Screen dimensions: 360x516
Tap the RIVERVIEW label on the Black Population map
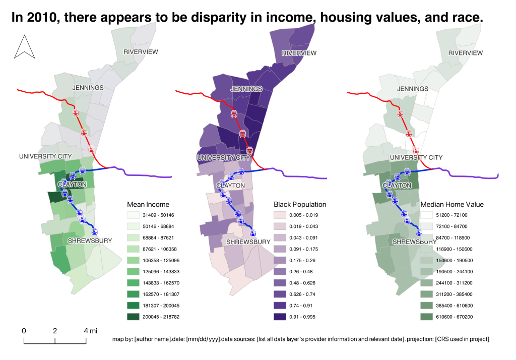coord(299,53)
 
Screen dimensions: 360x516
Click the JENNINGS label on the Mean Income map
coord(88,88)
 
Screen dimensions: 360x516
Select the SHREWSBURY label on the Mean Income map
coord(90,241)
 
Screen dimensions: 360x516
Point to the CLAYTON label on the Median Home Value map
coord(398,186)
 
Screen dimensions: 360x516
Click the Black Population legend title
coord(300,204)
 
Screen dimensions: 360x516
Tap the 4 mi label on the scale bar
coord(90,331)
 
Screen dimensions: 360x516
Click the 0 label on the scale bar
coord(24,331)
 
